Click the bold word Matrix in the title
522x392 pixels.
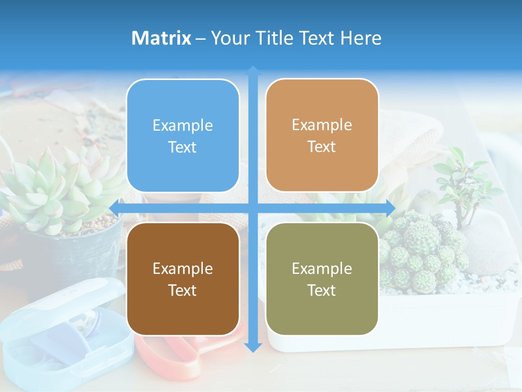pyautogui.click(x=161, y=38)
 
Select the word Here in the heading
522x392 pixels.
pyautogui.click(x=361, y=38)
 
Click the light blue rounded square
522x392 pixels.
pyautogui.click(x=183, y=136)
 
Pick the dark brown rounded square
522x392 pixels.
pyautogui.click(x=183, y=279)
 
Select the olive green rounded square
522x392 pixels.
pyautogui.click(x=322, y=279)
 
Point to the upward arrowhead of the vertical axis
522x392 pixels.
pyautogui.click(x=253, y=70)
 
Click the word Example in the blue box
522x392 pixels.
pyautogui.click(x=183, y=126)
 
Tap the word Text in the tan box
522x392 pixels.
pyautogui.click(x=322, y=146)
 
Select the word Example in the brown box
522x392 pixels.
pyautogui.click(x=183, y=269)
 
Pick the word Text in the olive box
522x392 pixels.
pyautogui.click(x=322, y=290)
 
